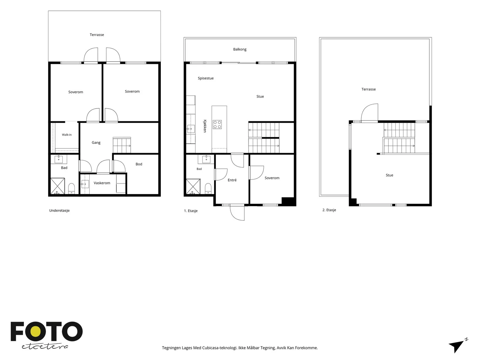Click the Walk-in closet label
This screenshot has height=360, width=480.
point(67,135)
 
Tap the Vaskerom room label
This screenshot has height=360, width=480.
point(102,183)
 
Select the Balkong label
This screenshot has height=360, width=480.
point(240,49)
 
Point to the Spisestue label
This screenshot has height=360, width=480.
point(205,78)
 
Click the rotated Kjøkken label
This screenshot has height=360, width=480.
point(205,126)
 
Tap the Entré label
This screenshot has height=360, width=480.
point(232,180)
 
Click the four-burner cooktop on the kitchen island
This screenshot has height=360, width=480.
point(217,124)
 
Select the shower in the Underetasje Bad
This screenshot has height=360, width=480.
point(58,186)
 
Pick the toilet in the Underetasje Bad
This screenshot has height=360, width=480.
point(71,188)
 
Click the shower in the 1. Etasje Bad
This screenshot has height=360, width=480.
point(193,186)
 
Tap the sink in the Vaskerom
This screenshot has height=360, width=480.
point(85,184)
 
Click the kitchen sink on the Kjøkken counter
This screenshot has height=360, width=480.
point(191,129)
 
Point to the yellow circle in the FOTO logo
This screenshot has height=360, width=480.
point(36,331)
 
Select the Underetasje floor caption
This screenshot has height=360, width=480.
point(59,211)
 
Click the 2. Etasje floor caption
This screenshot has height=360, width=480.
point(329,210)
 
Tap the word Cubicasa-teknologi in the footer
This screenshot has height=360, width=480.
point(220,348)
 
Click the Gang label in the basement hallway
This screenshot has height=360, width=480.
point(96,142)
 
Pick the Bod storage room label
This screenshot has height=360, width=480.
point(139,164)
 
